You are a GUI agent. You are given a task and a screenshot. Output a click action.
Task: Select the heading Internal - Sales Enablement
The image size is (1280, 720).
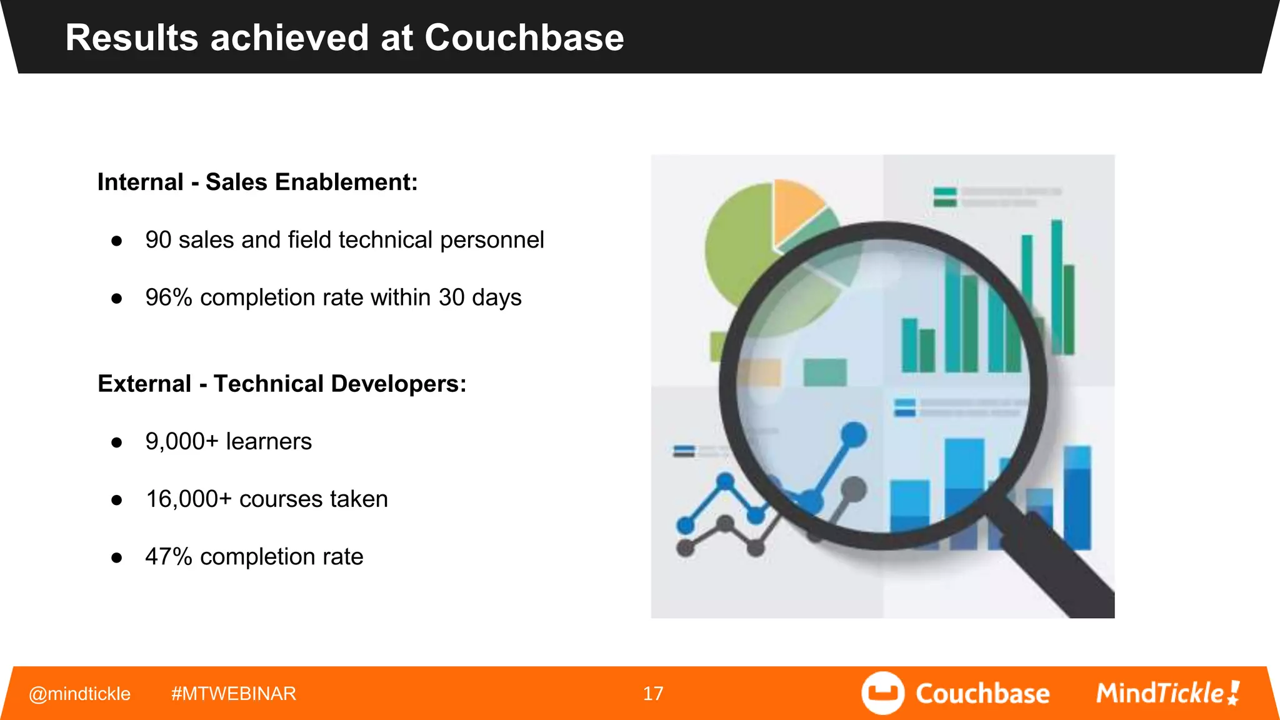[x=257, y=182]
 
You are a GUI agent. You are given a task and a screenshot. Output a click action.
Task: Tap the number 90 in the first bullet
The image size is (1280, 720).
[x=158, y=240]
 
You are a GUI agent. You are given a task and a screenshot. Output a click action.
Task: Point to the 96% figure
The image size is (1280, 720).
[x=168, y=297]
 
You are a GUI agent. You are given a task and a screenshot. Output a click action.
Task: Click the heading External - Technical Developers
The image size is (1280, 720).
[x=282, y=384]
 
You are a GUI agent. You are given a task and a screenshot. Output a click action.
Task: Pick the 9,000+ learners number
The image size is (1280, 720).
[x=181, y=442]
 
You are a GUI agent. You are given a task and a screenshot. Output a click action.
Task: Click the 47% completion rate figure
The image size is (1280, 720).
[x=168, y=557]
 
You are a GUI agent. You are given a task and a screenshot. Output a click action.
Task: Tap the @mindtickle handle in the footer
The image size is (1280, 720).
[x=79, y=694]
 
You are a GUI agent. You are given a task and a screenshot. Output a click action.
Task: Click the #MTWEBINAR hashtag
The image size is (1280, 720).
[x=233, y=694]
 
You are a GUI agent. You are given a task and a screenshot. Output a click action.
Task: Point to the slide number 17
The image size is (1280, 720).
[x=652, y=694]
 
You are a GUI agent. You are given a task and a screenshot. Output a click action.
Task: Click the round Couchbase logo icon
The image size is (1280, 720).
[x=882, y=693]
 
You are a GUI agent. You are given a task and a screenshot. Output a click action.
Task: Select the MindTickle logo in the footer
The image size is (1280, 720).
[x=1167, y=693]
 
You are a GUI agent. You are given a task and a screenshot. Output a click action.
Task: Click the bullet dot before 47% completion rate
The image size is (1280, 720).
[x=116, y=557]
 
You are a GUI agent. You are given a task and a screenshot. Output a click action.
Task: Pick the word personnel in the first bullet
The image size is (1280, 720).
[x=492, y=240]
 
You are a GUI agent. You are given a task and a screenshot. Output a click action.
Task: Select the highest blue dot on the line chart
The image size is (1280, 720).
[x=854, y=434]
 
